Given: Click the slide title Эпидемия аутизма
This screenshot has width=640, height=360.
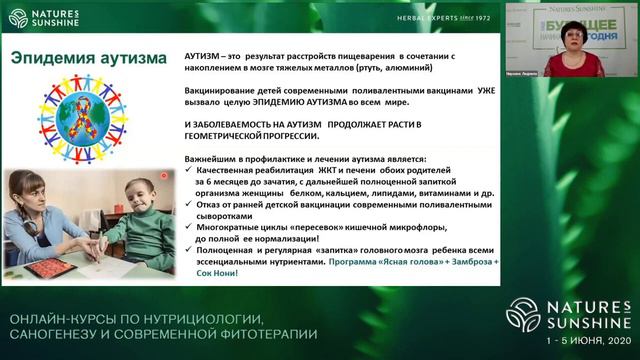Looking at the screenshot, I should click(87, 58).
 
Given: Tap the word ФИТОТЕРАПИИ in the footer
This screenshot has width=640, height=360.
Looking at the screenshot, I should click(268, 332).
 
